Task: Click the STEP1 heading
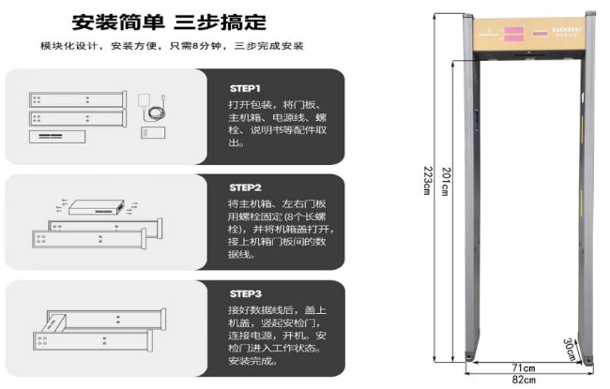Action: (245, 87)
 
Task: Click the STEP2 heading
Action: (245, 187)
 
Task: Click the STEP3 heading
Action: (245, 293)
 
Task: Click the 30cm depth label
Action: (570, 348)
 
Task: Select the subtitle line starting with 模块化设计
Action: (172, 47)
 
